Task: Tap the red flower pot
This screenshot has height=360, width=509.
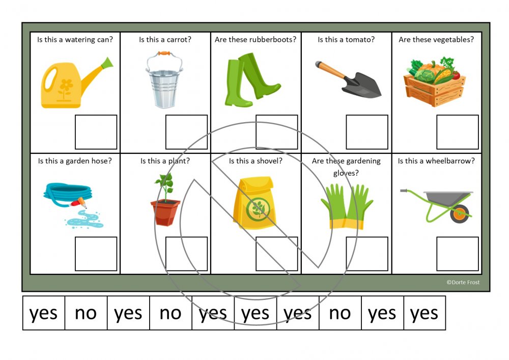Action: [x=165, y=212]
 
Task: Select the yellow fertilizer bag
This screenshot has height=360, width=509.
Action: [x=255, y=202]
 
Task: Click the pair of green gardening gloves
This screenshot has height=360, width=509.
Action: [x=347, y=206]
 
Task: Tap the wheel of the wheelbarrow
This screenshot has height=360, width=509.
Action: [x=460, y=213]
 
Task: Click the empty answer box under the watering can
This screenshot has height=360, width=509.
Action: [x=96, y=132]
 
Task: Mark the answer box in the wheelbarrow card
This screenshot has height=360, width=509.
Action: [x=458, y=254]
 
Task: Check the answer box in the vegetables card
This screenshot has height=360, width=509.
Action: [x=458, y=132]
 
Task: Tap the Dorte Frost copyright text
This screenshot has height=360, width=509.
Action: [x=463, y=283]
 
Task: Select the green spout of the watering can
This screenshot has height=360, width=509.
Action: [x=107, y=63]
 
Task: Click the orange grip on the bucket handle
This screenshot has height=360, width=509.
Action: [x=164, y=53]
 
